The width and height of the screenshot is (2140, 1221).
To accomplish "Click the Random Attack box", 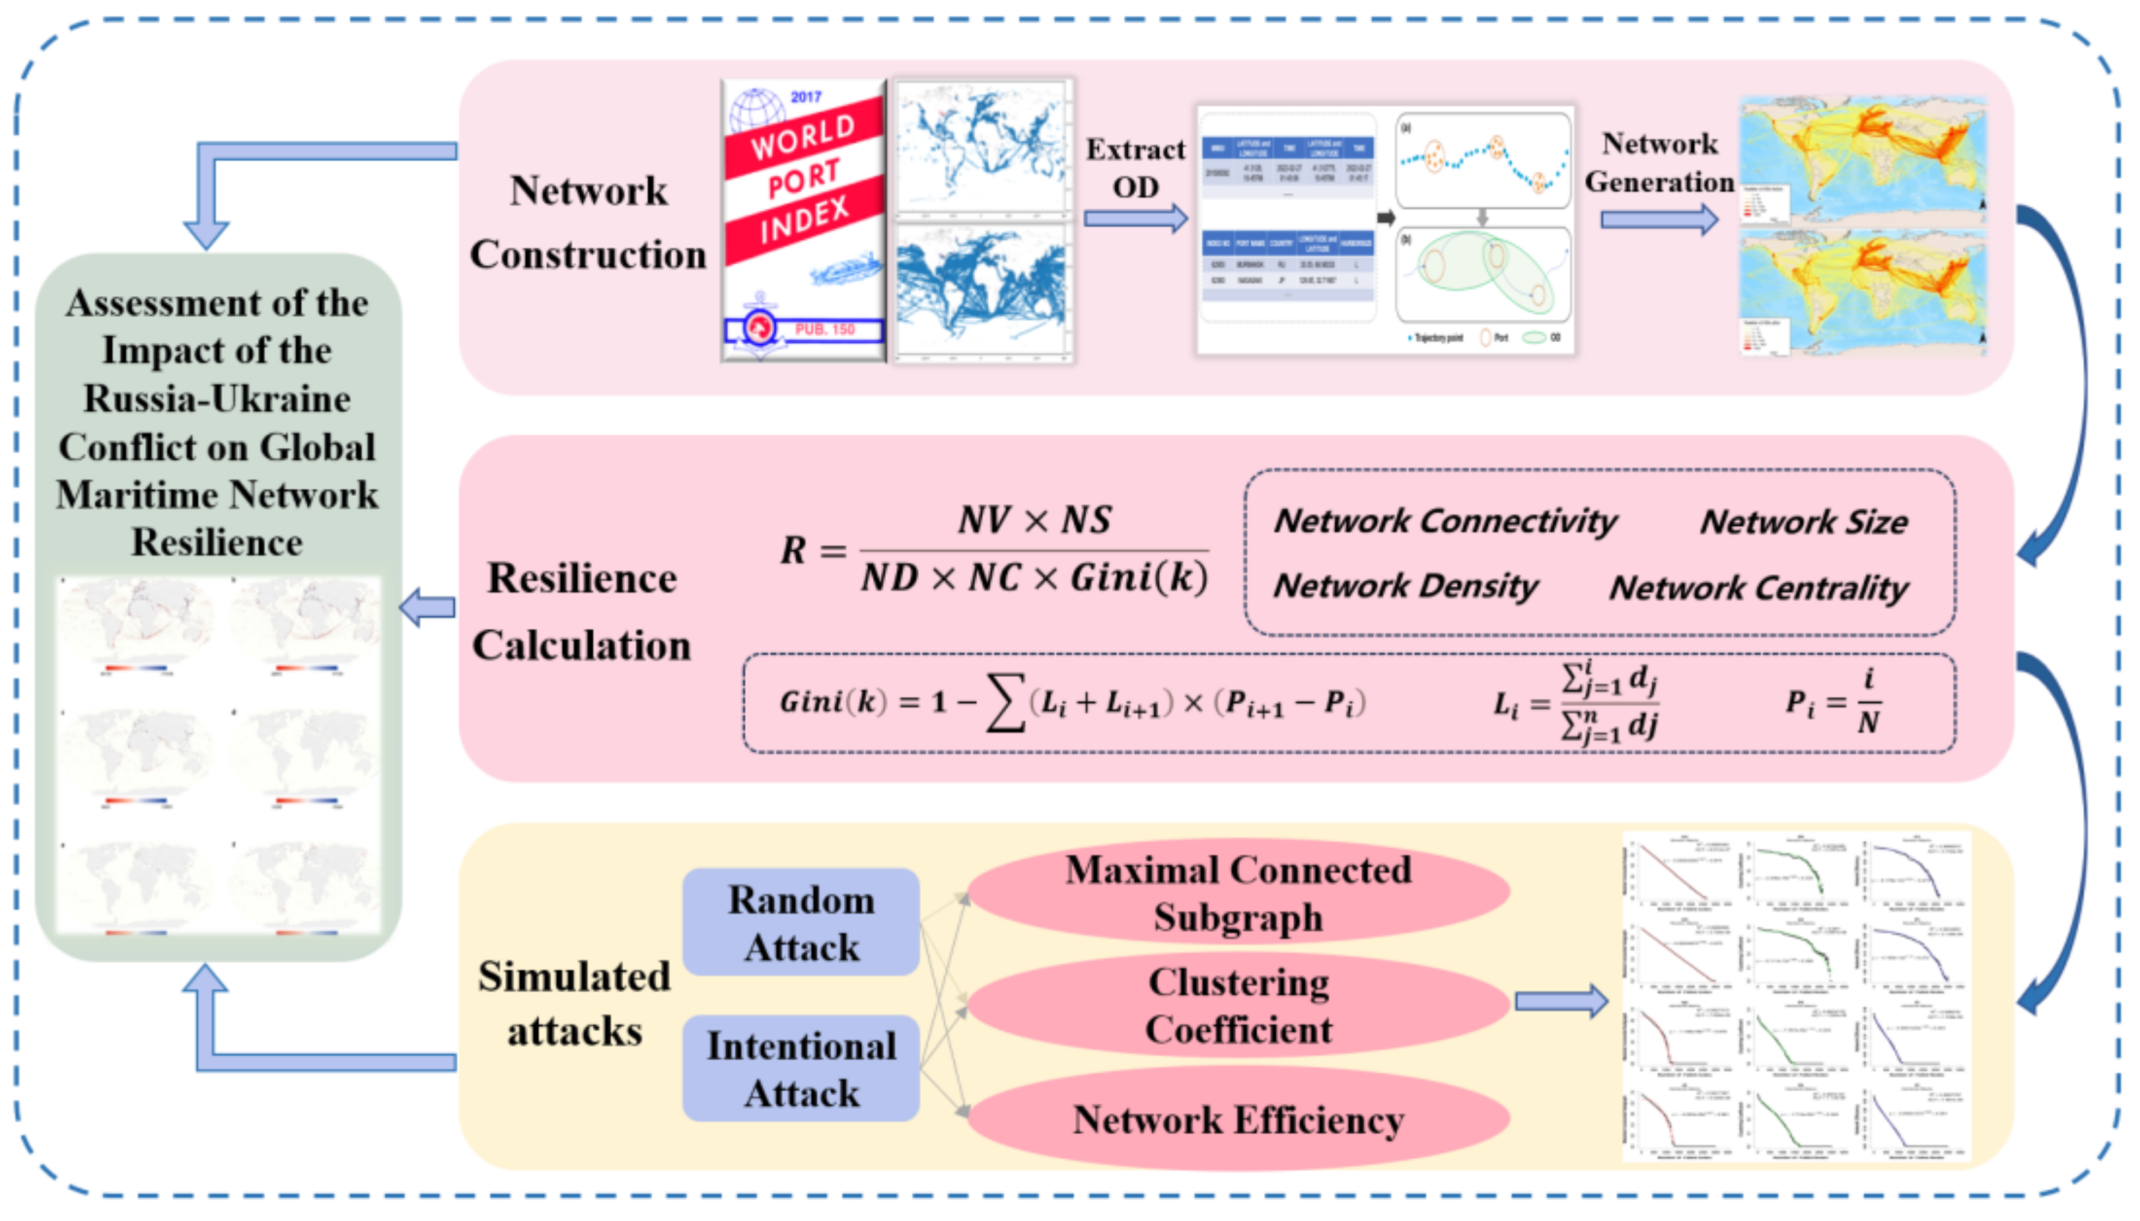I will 800,922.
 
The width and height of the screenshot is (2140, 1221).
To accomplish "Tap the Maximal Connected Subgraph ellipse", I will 1238,892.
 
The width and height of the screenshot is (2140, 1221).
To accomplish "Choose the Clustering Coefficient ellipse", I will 1238,1005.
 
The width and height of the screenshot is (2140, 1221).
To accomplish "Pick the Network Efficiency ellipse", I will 1238,1119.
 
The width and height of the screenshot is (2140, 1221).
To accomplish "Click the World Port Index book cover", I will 803,220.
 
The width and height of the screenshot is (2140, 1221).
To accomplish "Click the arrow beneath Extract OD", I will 1135,219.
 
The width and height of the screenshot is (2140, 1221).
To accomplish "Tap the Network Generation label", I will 1658,163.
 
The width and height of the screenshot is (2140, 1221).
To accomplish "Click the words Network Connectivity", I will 1445,521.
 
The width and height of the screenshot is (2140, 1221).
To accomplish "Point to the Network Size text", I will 1803,522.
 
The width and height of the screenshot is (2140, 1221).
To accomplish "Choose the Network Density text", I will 1405,585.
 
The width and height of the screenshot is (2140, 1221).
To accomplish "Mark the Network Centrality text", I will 1758,588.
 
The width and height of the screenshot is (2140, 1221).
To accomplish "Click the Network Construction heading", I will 588,222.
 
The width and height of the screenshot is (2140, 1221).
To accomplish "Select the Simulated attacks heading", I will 575,1004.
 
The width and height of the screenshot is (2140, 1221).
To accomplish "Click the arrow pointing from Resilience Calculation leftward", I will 428,607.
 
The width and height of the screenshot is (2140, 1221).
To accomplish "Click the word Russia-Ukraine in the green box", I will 217,399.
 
